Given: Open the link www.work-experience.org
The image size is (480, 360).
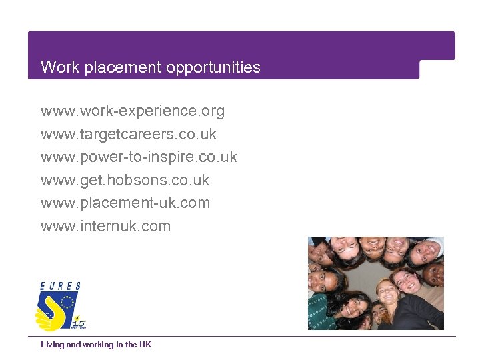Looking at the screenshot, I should click(133, 111).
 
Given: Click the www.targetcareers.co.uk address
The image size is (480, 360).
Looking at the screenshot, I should click(129, 134).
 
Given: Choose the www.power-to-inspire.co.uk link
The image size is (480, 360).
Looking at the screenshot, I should click(139, 157).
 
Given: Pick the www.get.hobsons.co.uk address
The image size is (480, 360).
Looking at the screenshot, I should click(125, 180).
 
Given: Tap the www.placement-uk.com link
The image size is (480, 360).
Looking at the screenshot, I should click(125, 203).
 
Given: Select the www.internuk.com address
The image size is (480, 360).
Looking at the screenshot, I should click(105, 226).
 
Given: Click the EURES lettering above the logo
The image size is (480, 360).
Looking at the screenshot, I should click(61, 286).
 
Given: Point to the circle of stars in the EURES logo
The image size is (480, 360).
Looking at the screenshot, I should click(67, 303).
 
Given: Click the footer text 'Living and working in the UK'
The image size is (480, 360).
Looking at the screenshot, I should click(95, 345).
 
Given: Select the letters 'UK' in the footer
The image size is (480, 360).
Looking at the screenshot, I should click(145, 345).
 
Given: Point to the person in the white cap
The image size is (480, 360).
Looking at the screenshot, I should click(425, 251).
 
